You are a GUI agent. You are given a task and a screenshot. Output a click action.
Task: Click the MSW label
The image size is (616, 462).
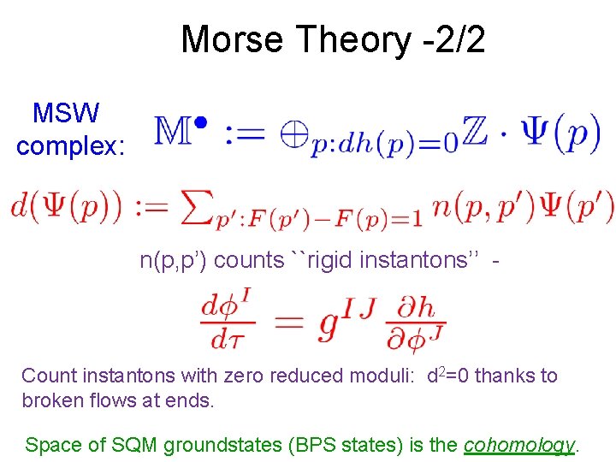pos(66,113)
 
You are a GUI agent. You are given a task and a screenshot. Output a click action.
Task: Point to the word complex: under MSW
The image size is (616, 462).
pos(71,146)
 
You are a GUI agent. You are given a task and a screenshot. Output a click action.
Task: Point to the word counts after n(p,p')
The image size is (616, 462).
pos(250,260)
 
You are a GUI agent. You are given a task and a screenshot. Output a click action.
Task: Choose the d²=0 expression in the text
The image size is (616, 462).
pos(451,375)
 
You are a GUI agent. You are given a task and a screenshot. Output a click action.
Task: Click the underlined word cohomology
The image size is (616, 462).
pos(518,445)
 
